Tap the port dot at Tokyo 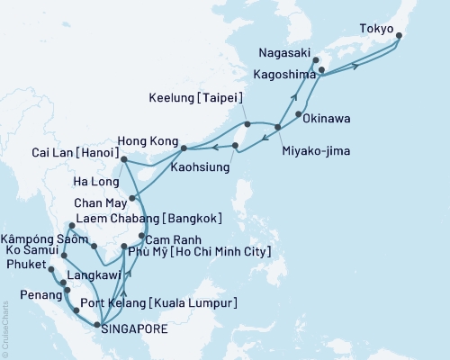(399, 37)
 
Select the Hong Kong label (146, 139)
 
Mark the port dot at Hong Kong (184, 147)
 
